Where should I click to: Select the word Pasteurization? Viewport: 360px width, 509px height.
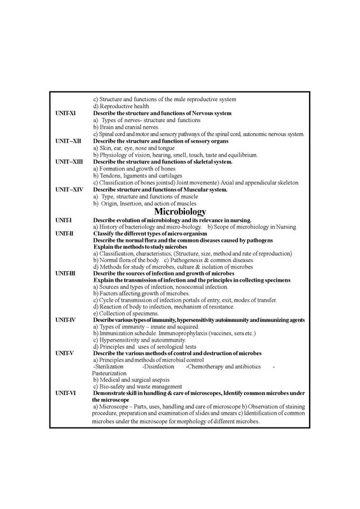[114, 373]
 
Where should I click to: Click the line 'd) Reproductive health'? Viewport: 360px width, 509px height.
[122, 106]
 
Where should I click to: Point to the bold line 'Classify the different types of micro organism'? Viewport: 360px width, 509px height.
[165, 233]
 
